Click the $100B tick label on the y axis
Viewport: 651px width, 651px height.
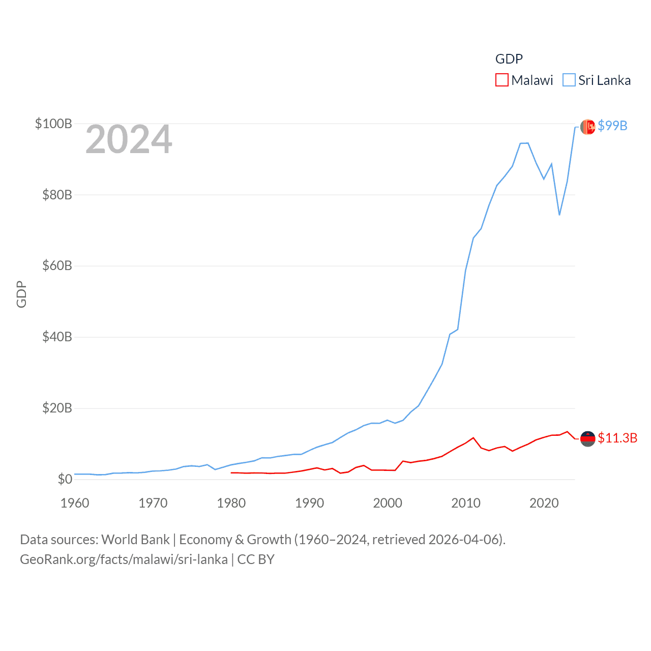click(53, 124)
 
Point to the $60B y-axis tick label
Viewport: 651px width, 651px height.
click(57, 265)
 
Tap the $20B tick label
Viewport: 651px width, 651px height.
click(57, 408)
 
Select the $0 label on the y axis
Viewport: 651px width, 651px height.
click(65, 479)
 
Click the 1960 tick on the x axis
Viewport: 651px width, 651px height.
click(75, 503)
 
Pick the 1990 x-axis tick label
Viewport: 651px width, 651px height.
click(309, 503)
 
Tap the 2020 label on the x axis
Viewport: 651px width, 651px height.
click(544, 503)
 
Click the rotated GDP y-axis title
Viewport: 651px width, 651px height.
click(21, 294)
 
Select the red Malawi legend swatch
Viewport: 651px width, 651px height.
click(501, 80)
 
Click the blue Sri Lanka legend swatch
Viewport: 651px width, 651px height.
click(569, 80)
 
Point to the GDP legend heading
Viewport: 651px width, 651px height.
click(509, 59)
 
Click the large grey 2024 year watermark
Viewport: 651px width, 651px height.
click(129, 139)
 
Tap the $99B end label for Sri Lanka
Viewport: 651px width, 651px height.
click(612, 126)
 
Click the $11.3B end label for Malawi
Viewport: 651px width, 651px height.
click(617, 438)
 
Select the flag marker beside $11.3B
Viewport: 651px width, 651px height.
click(587, 438)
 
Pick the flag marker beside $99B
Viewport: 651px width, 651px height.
click(587, 127)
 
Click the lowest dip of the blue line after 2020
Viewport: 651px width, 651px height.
click(559, 215)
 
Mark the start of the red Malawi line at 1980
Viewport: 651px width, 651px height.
click(231, 473)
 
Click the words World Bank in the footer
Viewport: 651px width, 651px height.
click(135, 540)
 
